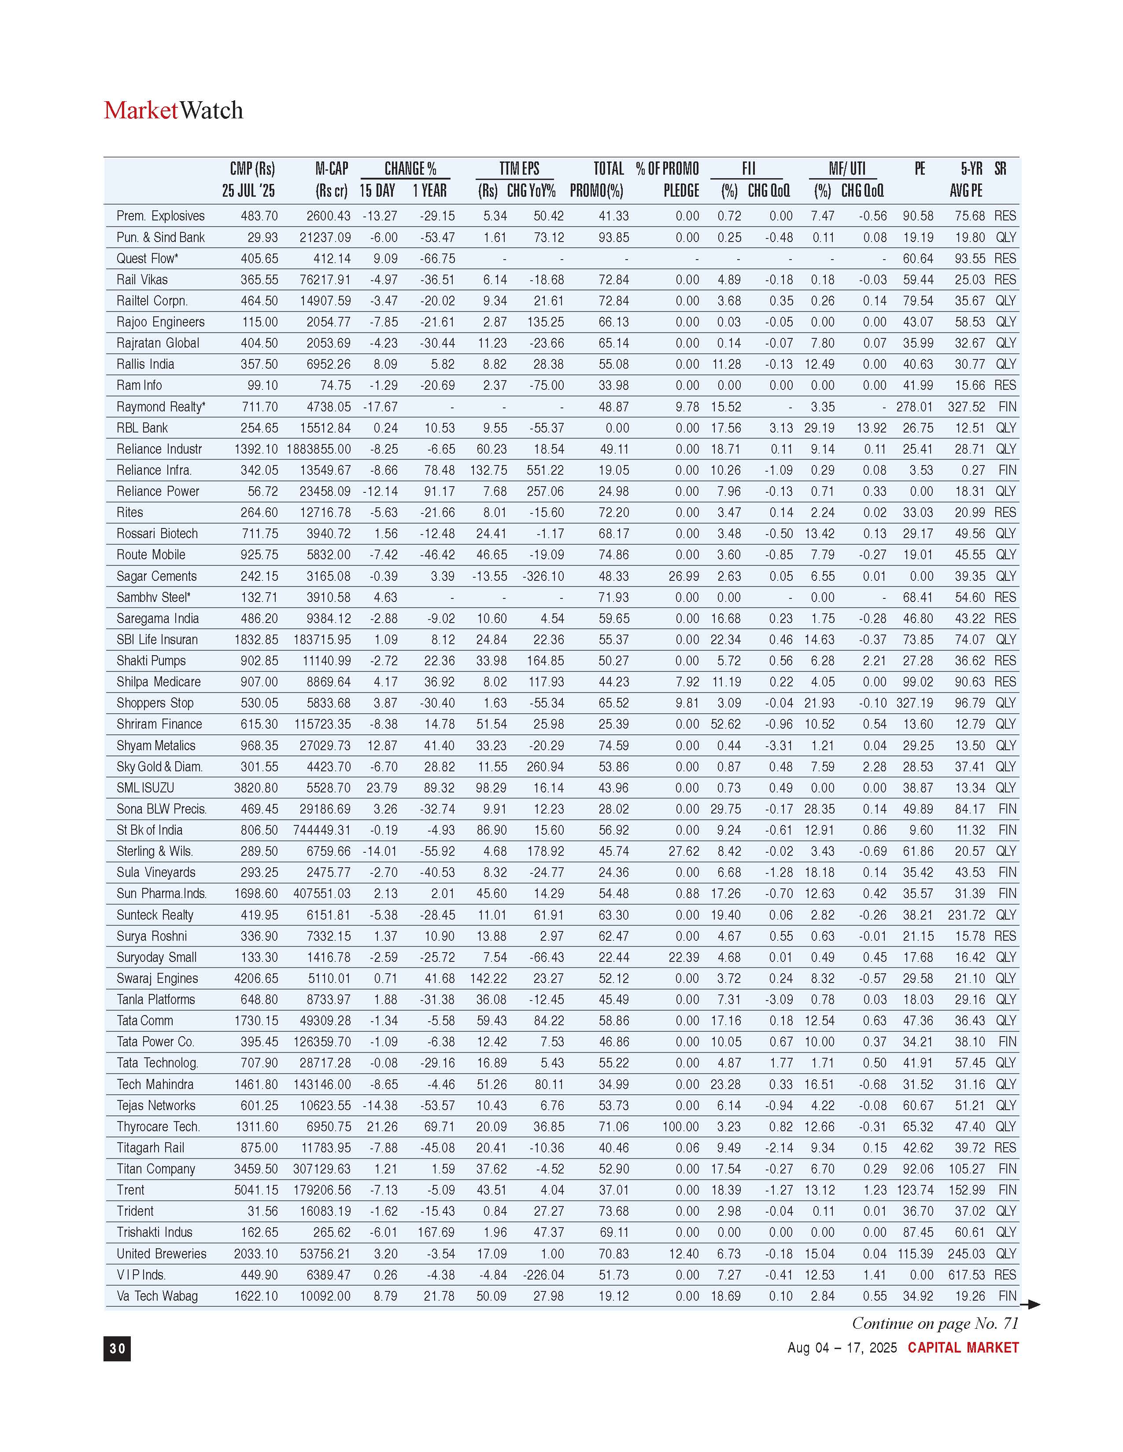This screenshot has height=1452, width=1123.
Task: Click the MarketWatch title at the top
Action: pyautogui.click(x=174, y=110)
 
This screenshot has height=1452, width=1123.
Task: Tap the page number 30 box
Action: pyautogui.click(x=117, y=1348)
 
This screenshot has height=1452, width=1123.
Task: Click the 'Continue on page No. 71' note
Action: pyautogui.click(x=935, y=1324)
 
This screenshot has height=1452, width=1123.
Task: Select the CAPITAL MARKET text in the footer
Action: pyautogui.click(x=963, y=1348)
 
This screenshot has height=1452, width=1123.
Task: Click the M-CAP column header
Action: pyautogui.click(x=331, y=169)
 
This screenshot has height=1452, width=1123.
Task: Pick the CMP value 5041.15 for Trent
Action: pyautogui.click(x=256, y=1190)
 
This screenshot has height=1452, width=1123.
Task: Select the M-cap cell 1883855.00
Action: pyautogui.click(x=319, y=449)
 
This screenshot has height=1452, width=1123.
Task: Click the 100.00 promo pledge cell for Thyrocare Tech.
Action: pyautogui.click(x=680, y=1127)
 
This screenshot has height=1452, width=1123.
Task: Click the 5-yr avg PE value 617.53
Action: pyautogui.click(x=967, y=1275)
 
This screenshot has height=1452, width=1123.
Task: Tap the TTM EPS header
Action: pyautogui.click(x=519, y=169)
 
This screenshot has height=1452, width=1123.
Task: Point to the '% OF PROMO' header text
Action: pyautogui.click(x=667, y=169)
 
